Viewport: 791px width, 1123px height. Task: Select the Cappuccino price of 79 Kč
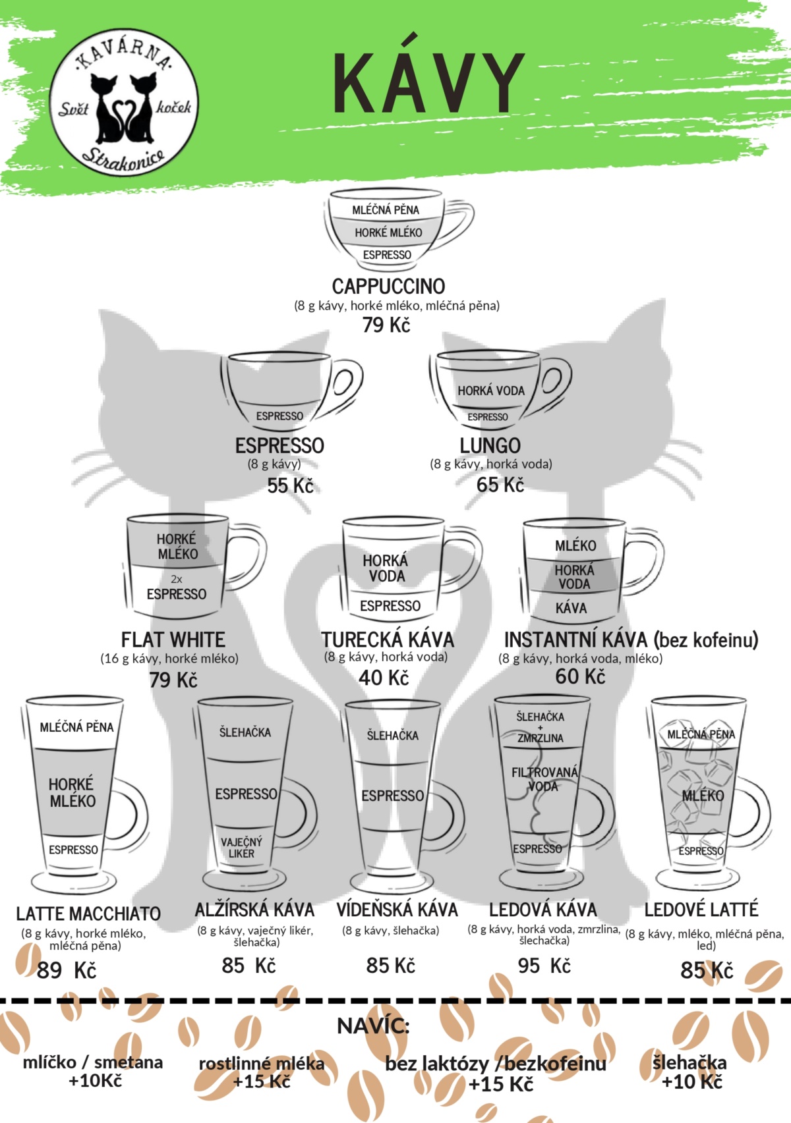point(386,325)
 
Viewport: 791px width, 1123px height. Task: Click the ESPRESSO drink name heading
point(280,446)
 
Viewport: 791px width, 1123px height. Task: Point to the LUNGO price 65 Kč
point(500,485)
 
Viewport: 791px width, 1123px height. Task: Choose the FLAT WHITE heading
point(173,640)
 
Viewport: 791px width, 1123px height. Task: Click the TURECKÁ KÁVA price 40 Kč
point(384,678)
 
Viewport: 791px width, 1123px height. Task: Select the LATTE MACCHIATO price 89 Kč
point(66,971)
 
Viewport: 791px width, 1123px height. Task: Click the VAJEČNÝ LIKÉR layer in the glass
point(241,848)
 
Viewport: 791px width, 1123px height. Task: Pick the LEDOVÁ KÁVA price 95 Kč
point(544,966)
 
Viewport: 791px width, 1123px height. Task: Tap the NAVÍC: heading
point(373,1026)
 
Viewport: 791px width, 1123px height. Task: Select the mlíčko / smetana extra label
point(93,1062)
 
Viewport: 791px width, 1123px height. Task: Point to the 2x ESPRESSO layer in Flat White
point(176,588)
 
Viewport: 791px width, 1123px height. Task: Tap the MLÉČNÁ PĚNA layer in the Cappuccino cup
point(385,210)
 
